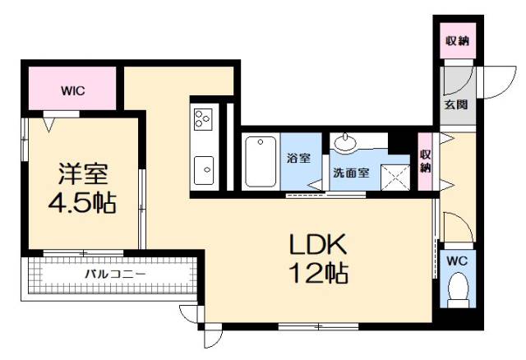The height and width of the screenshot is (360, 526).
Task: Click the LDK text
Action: click(318, 245)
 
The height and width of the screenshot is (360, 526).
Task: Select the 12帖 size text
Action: click(318, 273)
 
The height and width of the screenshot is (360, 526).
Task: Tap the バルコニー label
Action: click(114, 272)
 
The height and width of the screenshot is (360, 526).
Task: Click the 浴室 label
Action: click(298, 158)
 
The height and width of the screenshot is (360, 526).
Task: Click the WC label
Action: click(456, 261)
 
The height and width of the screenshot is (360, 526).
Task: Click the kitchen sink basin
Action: click(203, 169)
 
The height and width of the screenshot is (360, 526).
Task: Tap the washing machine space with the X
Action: click(399, 173)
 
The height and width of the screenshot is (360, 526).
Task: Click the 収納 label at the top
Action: click(457, 41)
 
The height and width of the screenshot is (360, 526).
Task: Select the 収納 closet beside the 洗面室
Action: click(425, 161)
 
